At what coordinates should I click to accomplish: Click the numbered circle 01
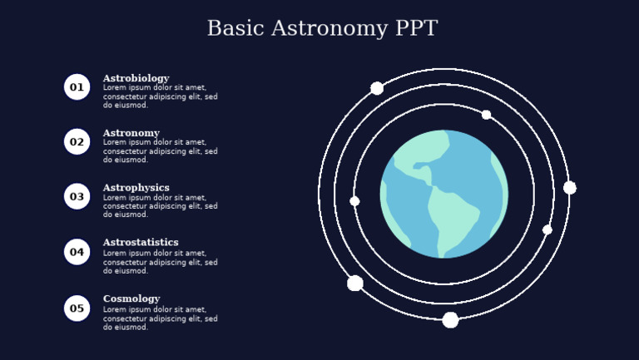(77, 86)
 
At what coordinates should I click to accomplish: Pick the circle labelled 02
(77, 141)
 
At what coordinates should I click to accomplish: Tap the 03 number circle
(77, 196)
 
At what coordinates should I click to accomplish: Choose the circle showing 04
(77, 252)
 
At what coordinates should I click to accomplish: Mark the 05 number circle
(77, 308)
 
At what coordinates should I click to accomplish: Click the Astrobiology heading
(136, 78)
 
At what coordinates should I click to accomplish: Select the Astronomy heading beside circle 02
(131, 133)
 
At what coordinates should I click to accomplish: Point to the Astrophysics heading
(136, 188)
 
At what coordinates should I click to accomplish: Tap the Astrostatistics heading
(140, 243)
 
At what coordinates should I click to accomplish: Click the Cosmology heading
(131, 298)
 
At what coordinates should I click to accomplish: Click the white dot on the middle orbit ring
(547, 229)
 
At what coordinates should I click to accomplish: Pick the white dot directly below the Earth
(450, 320)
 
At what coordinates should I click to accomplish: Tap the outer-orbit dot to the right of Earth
(570, 188)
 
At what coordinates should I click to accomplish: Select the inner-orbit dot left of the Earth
(354, 201)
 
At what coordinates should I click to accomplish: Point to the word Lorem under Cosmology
(114, 309)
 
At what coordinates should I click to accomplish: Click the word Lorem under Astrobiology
(114, 87)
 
